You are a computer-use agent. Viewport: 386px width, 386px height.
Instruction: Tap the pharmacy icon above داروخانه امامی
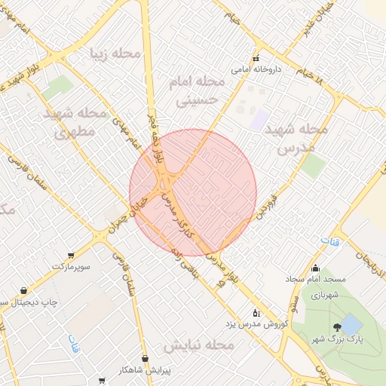click(x=256, y=58)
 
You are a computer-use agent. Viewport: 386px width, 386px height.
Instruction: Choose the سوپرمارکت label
click(x=71, y=267)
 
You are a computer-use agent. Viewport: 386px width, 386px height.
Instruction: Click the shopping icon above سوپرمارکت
click(x=71, y=256)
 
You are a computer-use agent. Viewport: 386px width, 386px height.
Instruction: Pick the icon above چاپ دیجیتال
click(x=24, y=291)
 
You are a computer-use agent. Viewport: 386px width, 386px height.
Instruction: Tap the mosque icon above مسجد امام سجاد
click(x=316, y=268)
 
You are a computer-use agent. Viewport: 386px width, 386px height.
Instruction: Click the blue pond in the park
click(x=351, y=325)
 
